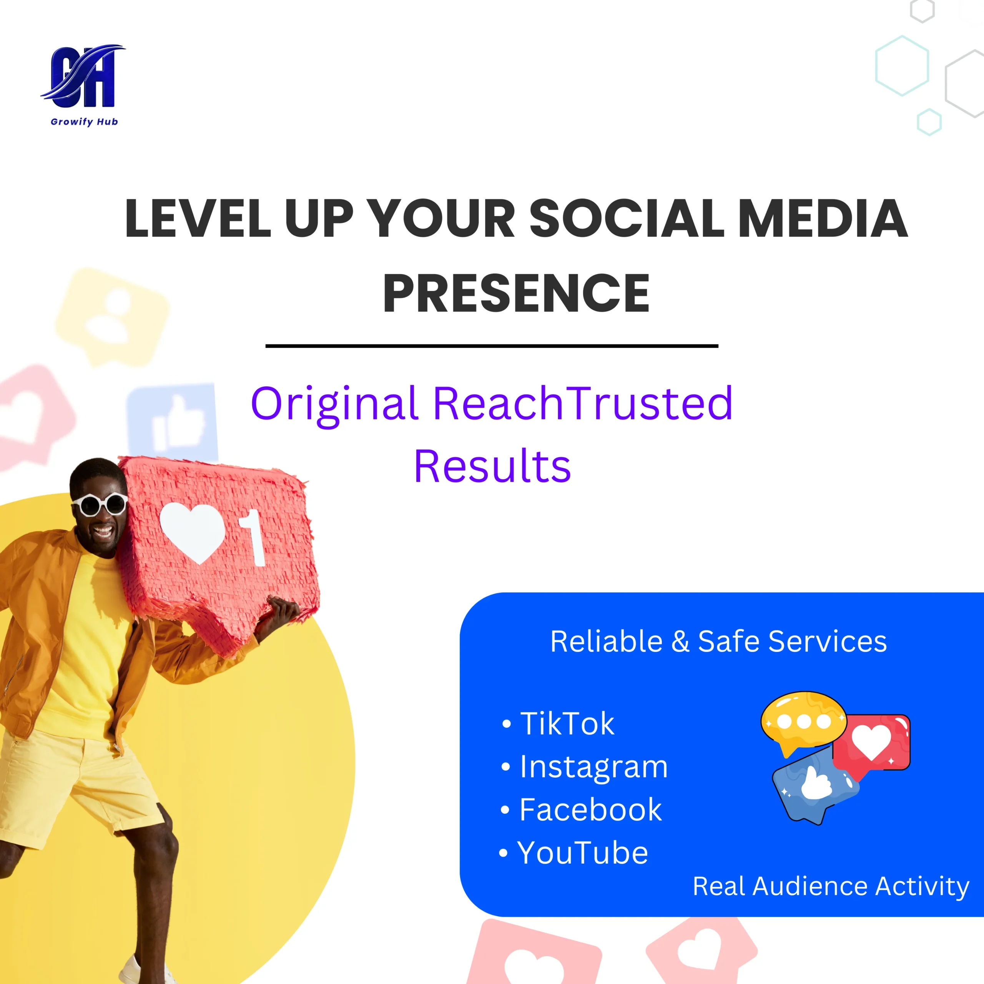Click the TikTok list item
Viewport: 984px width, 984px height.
tap(558, 724)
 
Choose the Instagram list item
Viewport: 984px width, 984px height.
tap(584, 767)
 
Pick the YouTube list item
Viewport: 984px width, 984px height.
tap(573, 853)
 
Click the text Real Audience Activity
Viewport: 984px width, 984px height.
tap(831, 887)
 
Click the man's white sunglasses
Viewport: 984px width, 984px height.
tap(100, 504)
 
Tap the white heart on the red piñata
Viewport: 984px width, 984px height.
tap(192, 532)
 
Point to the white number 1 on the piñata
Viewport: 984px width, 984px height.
tap(253, 538)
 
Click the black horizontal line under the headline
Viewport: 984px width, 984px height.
tap(492, 346)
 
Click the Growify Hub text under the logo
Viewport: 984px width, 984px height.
tap(84, 122)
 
